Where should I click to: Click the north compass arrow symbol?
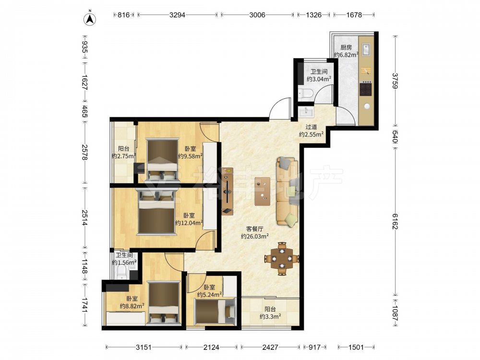[x=90, y=19]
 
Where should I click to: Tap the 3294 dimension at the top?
[x=178, y=15]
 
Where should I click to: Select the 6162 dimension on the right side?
[x=395, y=221]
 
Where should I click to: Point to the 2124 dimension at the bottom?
[x=211, y=347]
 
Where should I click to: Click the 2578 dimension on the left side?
[x=84, y=152]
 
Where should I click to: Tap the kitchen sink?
[x=366, y=50]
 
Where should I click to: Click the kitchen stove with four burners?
[x=365, y=88]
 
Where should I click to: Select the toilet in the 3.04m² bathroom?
[x=305, y=93]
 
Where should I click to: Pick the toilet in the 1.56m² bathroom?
[x=122, y=272]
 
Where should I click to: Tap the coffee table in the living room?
[x=263, y=192]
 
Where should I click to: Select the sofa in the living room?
[x=288, y=192]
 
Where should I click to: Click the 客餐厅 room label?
[x=255, y=229]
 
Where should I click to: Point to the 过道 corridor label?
[x=311, y=127]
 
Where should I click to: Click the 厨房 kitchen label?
[x=346, y=48]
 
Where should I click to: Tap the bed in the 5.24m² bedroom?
[x=215, y=312]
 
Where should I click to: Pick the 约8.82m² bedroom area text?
[x=132, y=306]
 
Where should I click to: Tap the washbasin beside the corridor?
[x=306, y=111]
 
